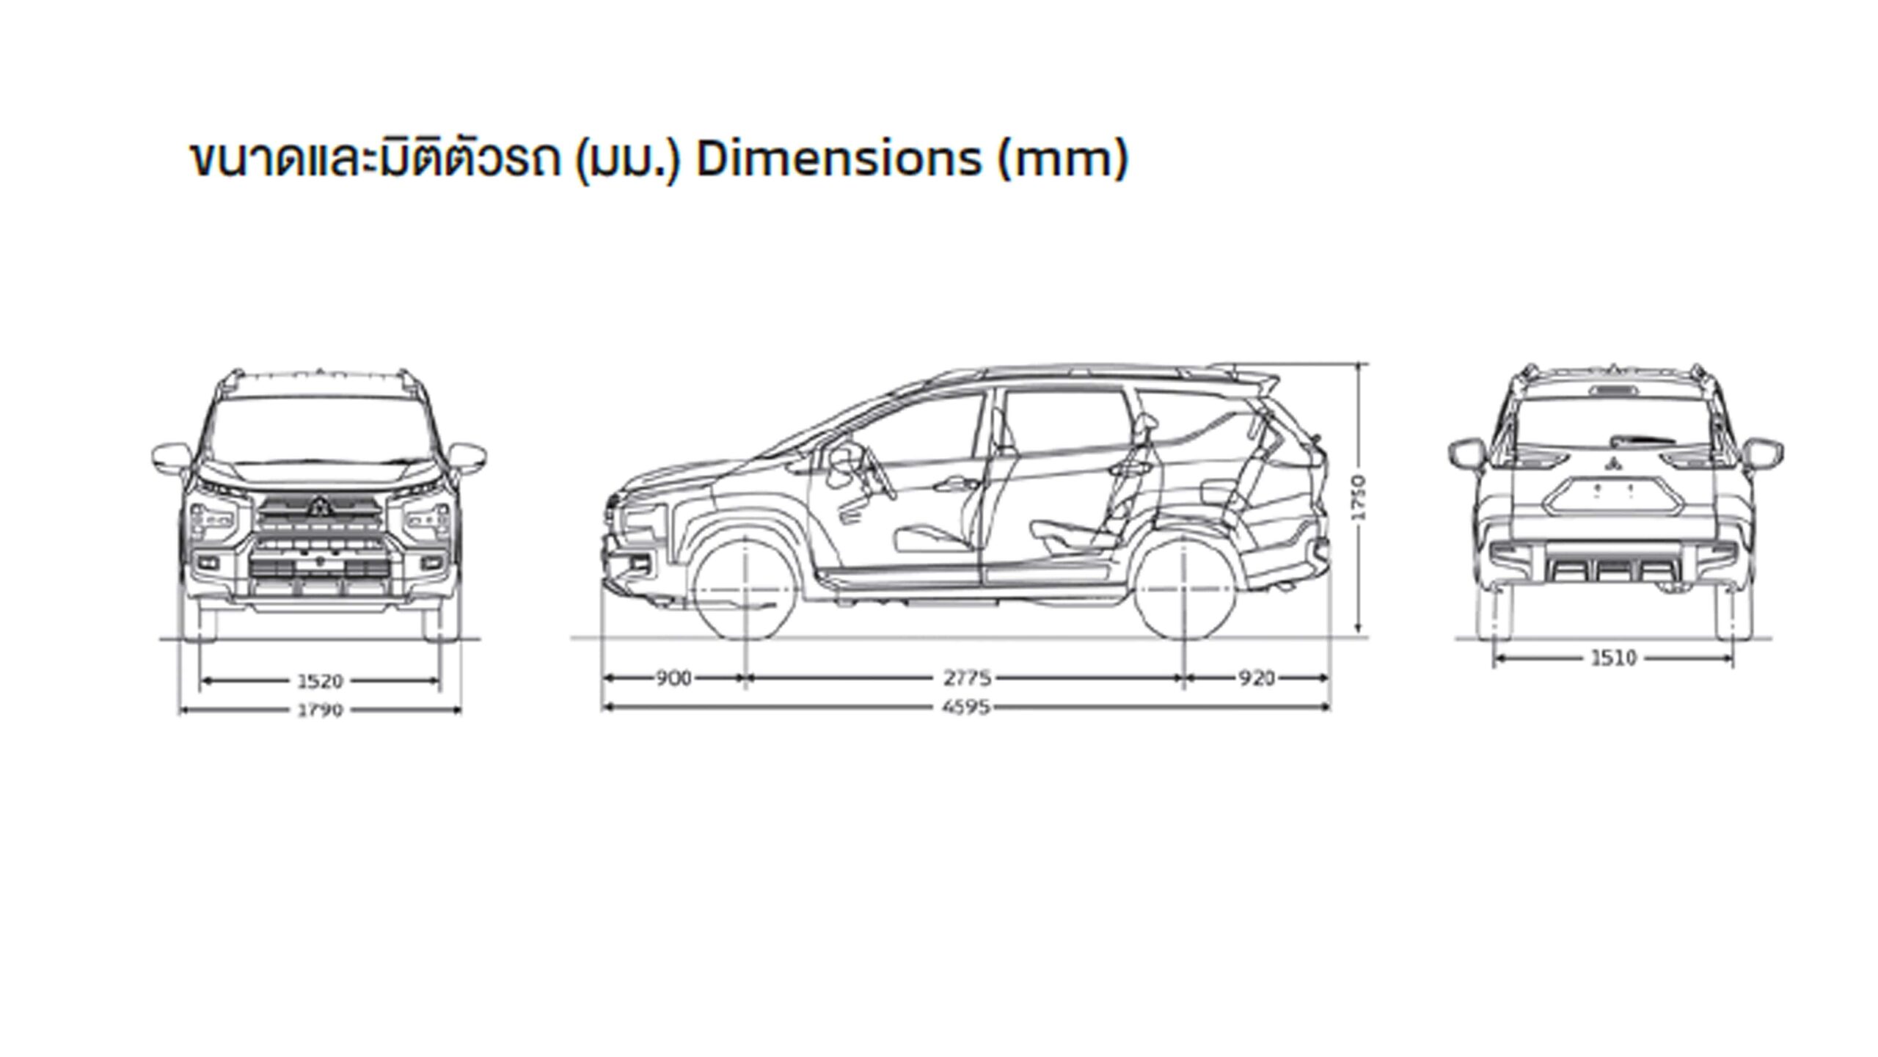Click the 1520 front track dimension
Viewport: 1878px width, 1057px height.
pyautogui.click(x=321, y=682)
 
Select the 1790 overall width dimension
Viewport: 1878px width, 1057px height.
pyautogui.click(x=321, y=711)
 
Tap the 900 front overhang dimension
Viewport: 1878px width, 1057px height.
pyautogui.click(x=673, y=679)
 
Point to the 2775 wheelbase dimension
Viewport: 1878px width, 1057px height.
pyautogui.click(x=967, y=679)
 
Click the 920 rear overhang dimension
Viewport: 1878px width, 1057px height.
pyautogui.click(x=1257, y=679)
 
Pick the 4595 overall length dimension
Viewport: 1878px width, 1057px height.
pyautogui.click(x=967, y=708)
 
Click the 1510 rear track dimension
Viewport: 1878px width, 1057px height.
pyautogui.click(x=1614, y=658)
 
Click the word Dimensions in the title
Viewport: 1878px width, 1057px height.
pyautogui.click(x=838, y=159)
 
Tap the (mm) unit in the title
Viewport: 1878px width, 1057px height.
pyautogui.click(x=1062, y=159)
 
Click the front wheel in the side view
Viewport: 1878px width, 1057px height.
pyautogui.click(x=745, y=589)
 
